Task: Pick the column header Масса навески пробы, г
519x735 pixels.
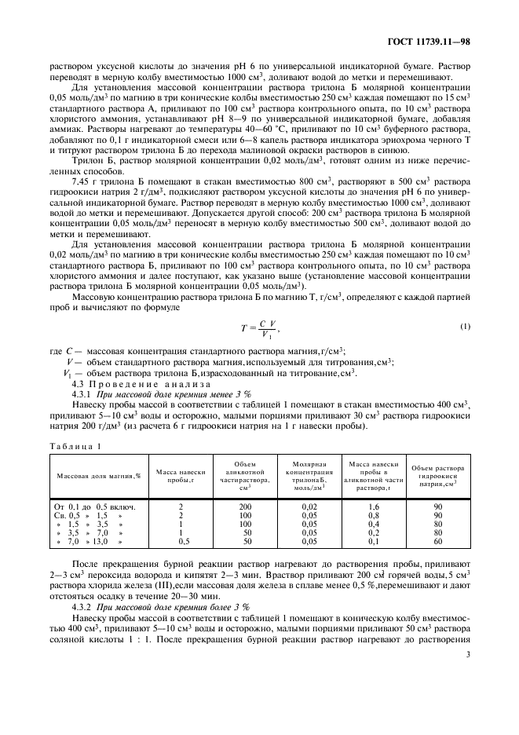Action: point(181,476)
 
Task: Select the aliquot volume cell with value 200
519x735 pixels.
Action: point(244,507)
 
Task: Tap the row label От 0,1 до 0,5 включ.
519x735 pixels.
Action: point(95,507)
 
